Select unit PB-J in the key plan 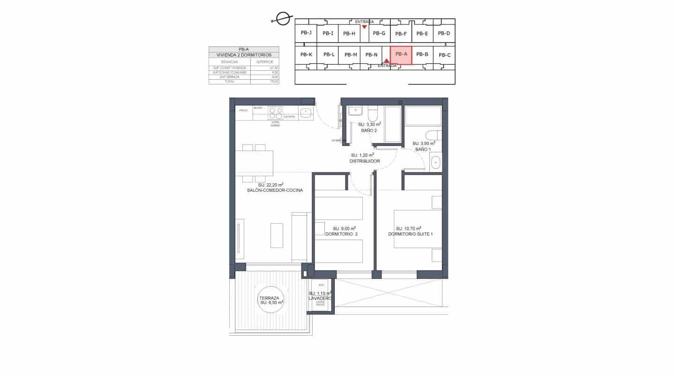306,33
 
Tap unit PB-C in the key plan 445,55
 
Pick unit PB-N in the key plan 371,55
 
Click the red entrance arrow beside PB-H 364,27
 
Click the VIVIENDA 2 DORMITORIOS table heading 244,55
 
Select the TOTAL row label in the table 229,81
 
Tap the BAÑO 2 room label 369,130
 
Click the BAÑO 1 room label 423,149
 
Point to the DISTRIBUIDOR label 364,161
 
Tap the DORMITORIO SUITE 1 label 408,234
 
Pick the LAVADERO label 320,298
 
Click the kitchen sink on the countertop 306,112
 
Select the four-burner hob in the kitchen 275,113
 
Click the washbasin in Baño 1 435,162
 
